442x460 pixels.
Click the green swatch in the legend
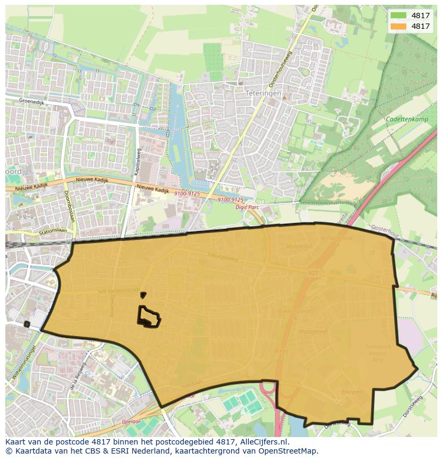tap(398, 15)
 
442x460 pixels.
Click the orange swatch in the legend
tap(398, 26)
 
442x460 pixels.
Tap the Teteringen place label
tap(263, 93)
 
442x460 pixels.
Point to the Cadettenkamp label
tap(407, 119)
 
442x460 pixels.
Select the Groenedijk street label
tap(31, 101)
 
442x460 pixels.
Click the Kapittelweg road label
tap(138, 162)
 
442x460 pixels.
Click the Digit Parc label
tap(247, 207)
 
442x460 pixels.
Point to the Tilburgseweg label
tap(223, 258)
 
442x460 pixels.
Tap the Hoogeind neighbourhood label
tap(313, 331)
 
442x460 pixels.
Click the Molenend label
tap(299, 247)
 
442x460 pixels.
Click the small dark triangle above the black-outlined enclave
tap(143, 295)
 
